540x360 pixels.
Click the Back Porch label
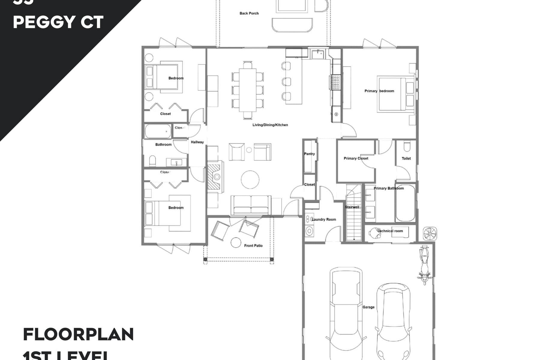click(x=249, y=13)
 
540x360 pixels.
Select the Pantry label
click(x=309, y=154)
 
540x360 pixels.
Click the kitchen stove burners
click(x=335, y=82)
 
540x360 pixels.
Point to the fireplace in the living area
click(x=215, y=177)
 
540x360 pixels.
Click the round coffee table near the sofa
click(x=250, y=180)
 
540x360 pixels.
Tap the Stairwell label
click(x=352, y=207)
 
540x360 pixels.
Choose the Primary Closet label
click(x=356, y=158)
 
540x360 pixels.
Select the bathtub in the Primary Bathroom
click(x=405, y=203)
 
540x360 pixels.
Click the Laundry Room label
click(x=324, y=219)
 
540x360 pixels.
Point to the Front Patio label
click(x=253, y=246)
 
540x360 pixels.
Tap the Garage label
click(x=368, y=307)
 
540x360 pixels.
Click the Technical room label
click(x=390, y=231)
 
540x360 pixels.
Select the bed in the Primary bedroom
click(x=393, y=94)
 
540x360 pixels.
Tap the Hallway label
click(x=197, y=142)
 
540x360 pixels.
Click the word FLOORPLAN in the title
click(x=78, y=334)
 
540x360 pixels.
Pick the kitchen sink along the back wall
click(x=318, y=55)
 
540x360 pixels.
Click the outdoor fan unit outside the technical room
click(x=430, y=234)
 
